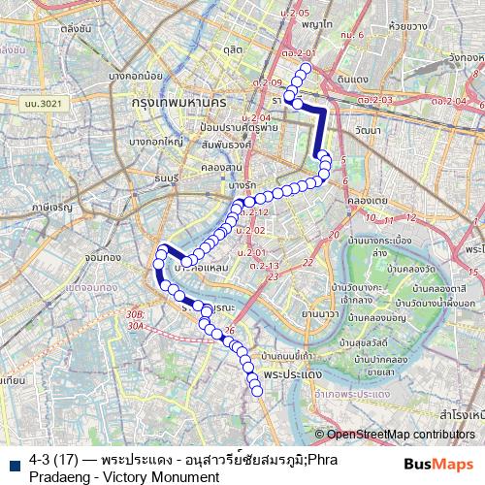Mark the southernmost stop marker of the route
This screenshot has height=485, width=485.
click(258, 391)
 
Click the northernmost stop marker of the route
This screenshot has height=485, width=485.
click(306, 69)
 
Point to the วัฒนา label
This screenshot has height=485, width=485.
click(368, 130)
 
